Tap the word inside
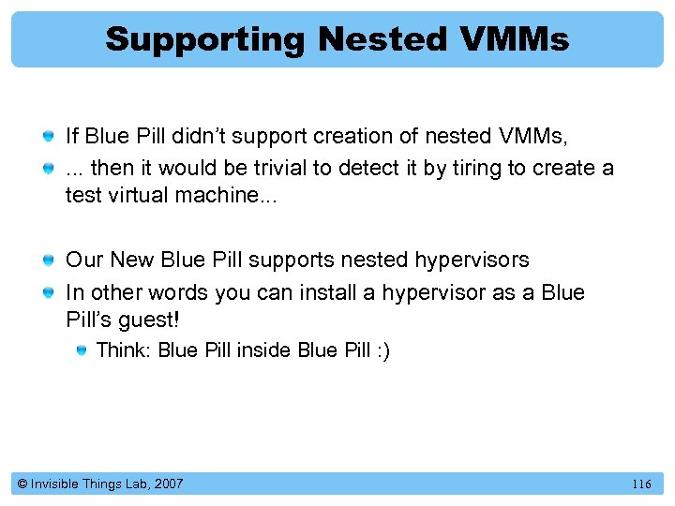click(263, 350)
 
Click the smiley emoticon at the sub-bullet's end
click(382, 350)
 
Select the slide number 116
click(641, 484)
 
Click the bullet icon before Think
click(83, 350)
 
